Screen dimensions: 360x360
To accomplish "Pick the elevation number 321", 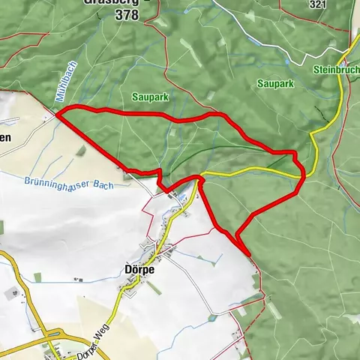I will [317, 4].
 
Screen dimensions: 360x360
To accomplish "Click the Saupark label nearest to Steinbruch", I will [270, 83].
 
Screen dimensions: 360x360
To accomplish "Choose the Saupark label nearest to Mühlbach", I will [146, 97].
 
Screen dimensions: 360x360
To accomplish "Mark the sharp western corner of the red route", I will [58, 114].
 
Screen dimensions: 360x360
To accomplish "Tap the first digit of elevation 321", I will [311, 4].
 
